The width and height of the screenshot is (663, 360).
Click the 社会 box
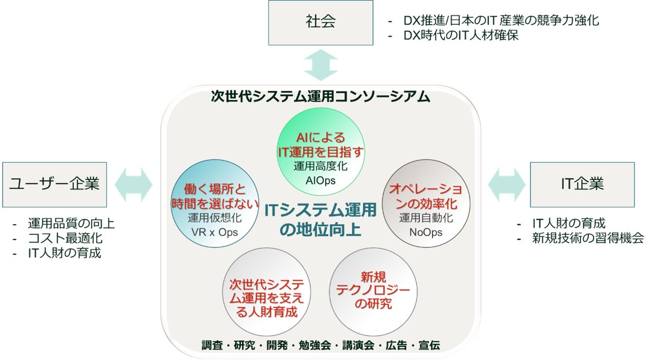(320, 22)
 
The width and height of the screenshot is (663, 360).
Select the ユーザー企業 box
(54, 184)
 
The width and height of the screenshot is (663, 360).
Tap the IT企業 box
(582, 184)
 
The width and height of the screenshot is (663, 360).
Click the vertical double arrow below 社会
(320, 65)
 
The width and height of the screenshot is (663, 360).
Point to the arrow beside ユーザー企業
(133, 184)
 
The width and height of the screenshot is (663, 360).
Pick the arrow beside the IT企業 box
(506, 184)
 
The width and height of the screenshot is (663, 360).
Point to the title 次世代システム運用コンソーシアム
(320, 97)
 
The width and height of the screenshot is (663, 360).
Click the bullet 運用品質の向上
(71, 224)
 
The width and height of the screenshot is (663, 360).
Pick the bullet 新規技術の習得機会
(587, 238)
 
